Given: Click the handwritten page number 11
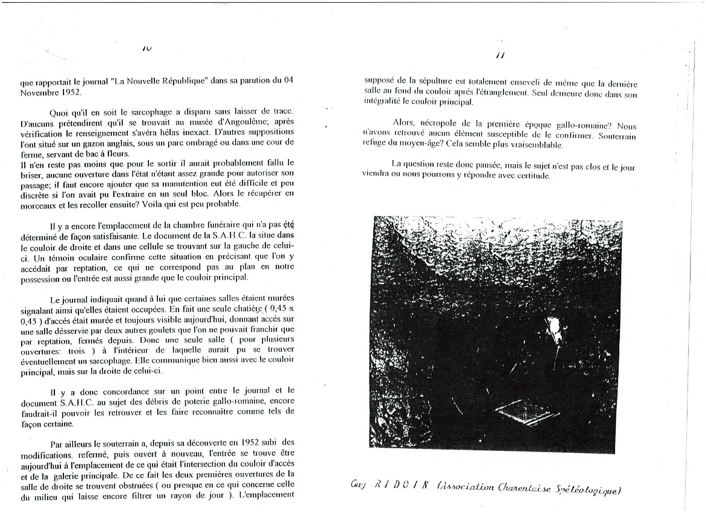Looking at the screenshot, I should coord(501,56).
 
